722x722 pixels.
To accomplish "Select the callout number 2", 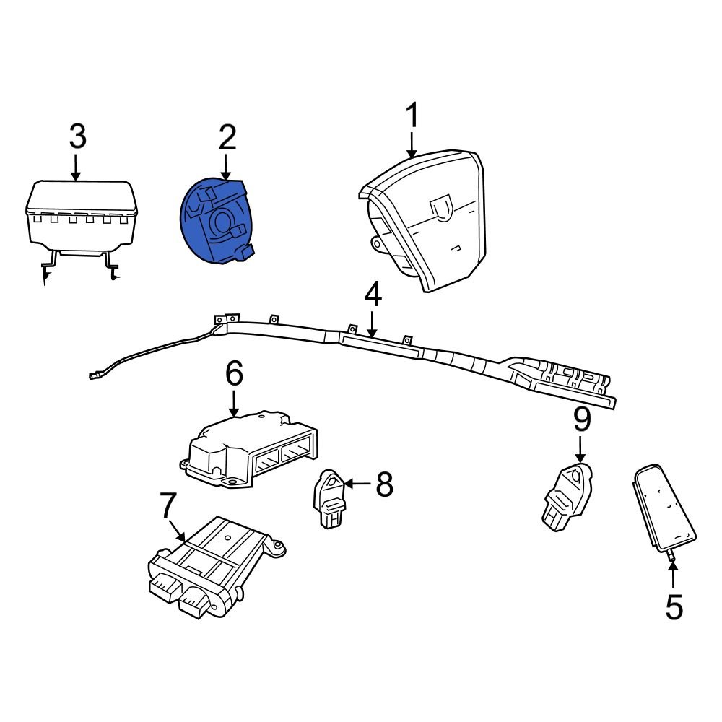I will [x=227, y=137].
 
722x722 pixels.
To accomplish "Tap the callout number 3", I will [x=77, y=137].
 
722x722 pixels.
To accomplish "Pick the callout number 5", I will [x=673, y=607].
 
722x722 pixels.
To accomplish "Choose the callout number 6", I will [x=234, y=373].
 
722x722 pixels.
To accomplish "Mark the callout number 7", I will [x=167, y=505].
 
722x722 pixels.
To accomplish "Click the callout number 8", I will [x=384, y=485].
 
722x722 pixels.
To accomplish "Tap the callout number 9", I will [x=582, y=420].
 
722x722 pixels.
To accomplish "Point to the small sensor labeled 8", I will [x=329, y=498].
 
